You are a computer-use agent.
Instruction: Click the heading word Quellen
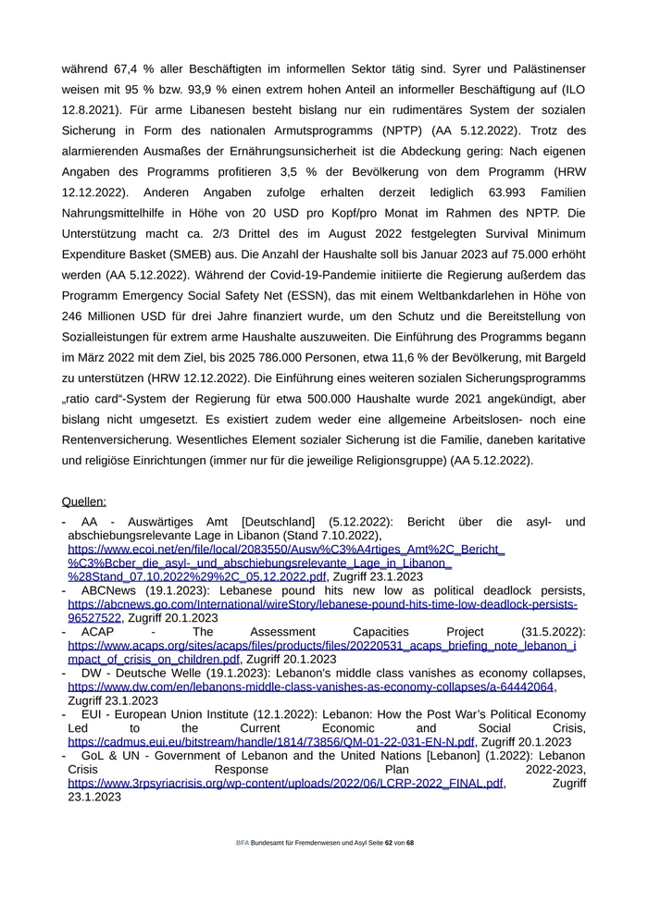point(83,501)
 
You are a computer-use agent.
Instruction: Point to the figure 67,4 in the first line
point(128,69)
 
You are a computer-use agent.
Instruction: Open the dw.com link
point(311,687)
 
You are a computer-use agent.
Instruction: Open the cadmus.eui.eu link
point(271,741)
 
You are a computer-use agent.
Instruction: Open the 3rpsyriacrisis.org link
point(286,782)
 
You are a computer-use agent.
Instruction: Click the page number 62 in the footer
point(389,843)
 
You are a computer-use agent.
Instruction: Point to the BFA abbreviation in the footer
point(242,843)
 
